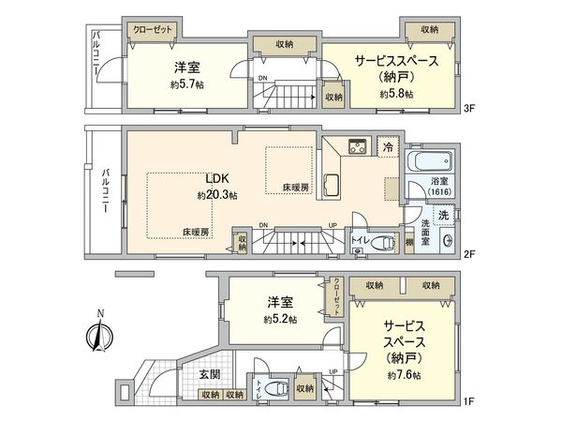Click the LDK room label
pyautogui.click(x=218, y=178)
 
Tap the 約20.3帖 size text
pyautogui.click(x=217, y=195)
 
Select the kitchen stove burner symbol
pyautogui.click(x=358, y=145)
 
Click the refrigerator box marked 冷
pyautogui.click(x=388, y=147)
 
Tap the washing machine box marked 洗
pyautogui.click(x=443, y=215)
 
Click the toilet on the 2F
pyautogui.click(x=381, y=243)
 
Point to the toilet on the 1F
pyautogui.click(x=274, y=388)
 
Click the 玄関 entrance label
pyautogui.click(x=210, y=374)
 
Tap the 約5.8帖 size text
pyautogui.click(x=396, y=94)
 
